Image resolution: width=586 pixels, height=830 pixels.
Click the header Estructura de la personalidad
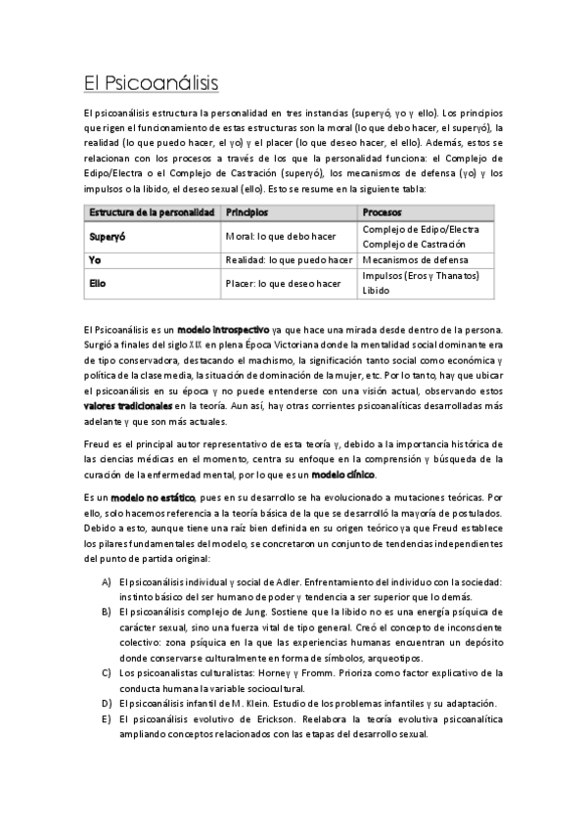point(151,211)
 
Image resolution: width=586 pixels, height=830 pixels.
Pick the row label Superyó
point(110,236)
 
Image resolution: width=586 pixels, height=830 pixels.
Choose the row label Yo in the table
point(95,259)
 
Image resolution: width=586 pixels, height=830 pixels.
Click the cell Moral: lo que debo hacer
point(281,236)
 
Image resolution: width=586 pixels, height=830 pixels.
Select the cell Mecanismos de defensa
point(412,259)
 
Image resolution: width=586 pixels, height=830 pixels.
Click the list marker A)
point(106,581)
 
